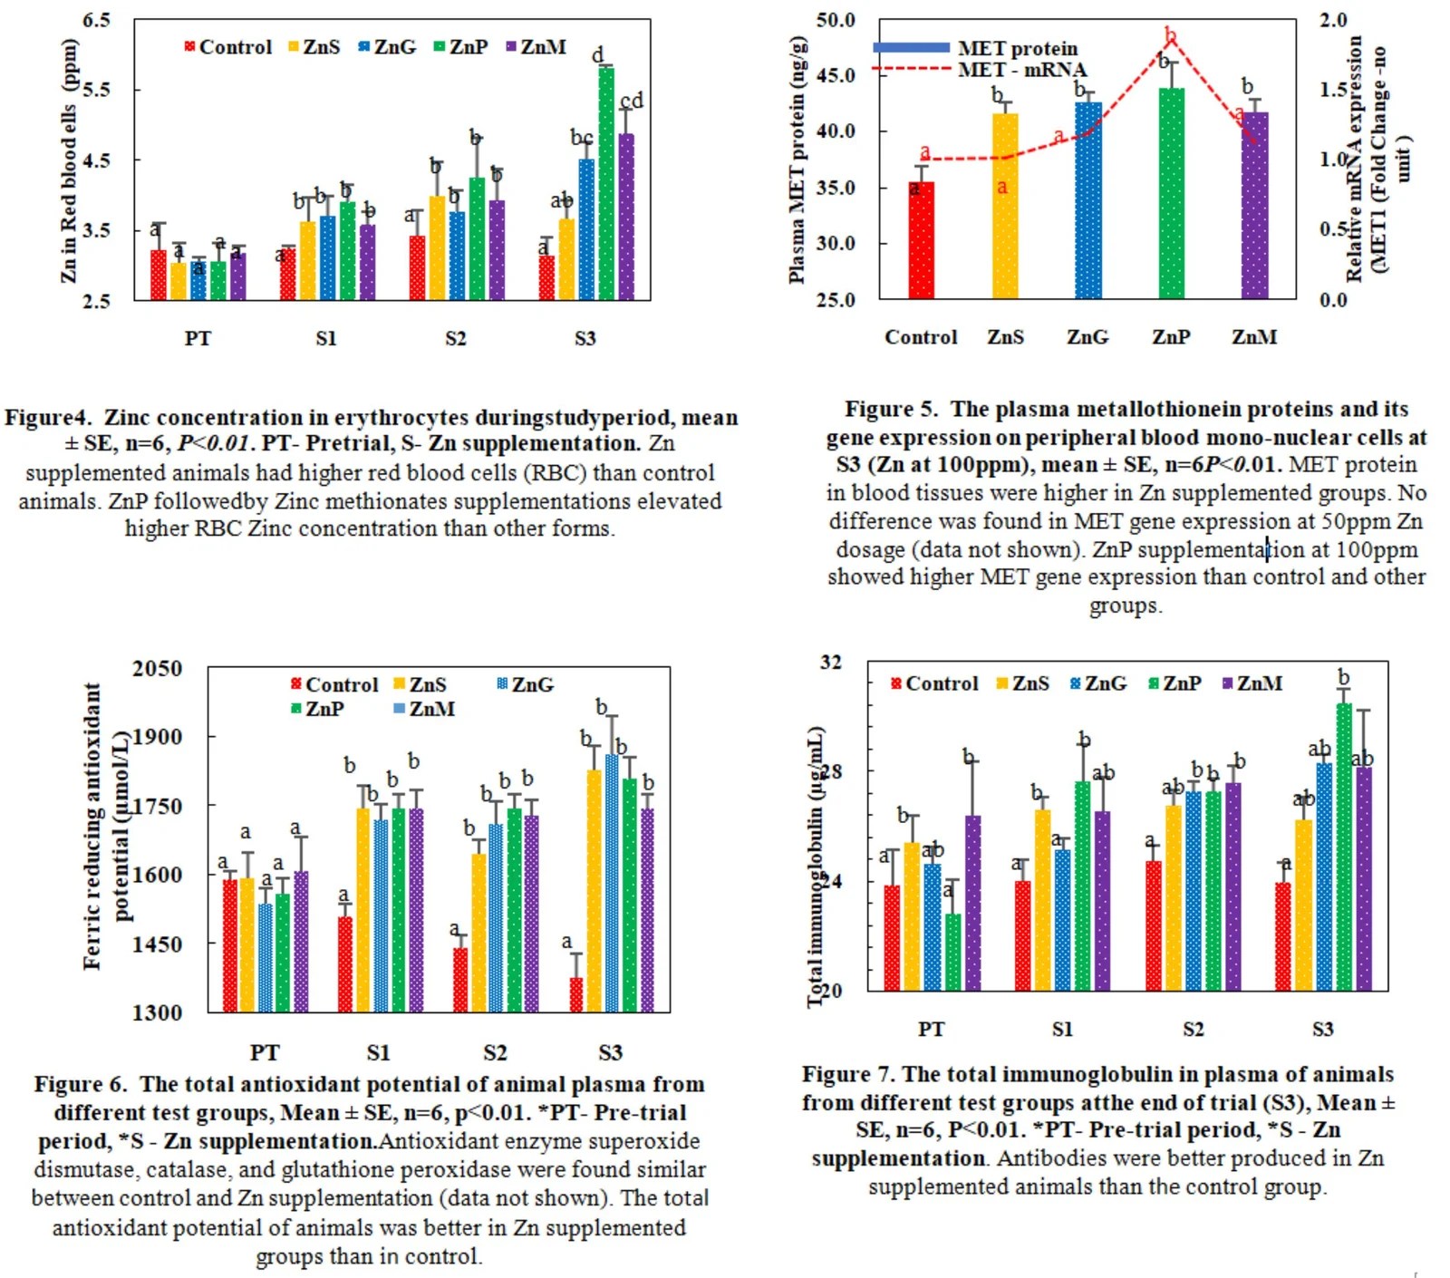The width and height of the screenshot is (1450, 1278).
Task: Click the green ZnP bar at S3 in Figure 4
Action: point(605,186)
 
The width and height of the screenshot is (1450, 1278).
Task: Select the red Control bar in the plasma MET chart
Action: point(921,241)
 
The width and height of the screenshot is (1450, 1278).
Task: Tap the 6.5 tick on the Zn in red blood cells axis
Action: point(96,20)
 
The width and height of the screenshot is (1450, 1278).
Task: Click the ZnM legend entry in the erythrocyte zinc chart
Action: point(536,47)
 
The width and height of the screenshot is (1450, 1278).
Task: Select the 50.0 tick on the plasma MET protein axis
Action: point(836,20)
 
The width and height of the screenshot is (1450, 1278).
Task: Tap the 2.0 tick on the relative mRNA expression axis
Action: point(1333,20)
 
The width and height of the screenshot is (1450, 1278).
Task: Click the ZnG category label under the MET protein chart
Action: point(1087,337)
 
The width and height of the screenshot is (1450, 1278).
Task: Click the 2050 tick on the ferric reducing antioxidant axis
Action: point(157,669)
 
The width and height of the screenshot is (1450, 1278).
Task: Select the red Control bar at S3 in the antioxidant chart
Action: point(576,995)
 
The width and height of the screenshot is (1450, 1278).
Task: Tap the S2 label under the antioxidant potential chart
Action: point(495,1052)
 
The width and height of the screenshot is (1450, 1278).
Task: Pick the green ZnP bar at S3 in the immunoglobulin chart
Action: point(1343,847)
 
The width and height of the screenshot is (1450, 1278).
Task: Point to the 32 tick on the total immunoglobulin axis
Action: point(831,663)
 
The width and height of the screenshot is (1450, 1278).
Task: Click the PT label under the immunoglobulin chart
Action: point(931,1030)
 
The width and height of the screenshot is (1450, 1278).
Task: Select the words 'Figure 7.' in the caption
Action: point(848,1075)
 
